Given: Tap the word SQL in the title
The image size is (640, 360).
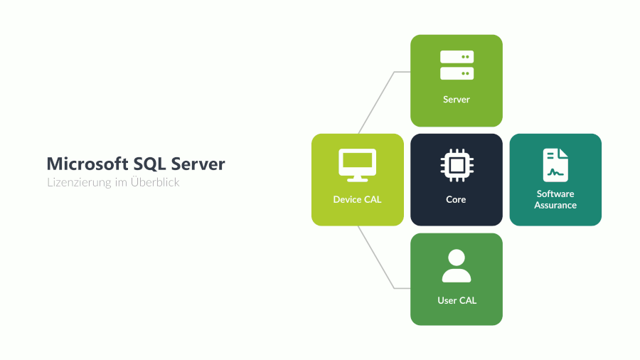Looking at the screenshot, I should (x=149, y=164).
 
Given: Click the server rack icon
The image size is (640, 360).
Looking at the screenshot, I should (x=457, y=65).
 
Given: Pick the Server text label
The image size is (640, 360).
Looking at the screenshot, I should (x=457, y=100).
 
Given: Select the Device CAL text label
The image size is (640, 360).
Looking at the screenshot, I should (x=357, y=200).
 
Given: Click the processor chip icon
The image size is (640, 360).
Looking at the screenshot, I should (x=457, y=166).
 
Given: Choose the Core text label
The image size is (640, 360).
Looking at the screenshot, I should (x=457, y=200).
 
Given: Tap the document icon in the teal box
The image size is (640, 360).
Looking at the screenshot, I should (x=555, y=165).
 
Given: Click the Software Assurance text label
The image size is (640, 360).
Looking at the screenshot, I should (x=555, y=199).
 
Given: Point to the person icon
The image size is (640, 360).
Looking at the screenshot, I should (x=457, y=266).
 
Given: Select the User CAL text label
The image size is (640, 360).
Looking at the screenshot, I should (x=457, y=300).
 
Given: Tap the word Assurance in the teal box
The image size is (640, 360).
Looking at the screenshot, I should (x=555, y=205).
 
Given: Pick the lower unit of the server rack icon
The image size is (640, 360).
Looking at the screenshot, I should (x=457, y=73).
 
